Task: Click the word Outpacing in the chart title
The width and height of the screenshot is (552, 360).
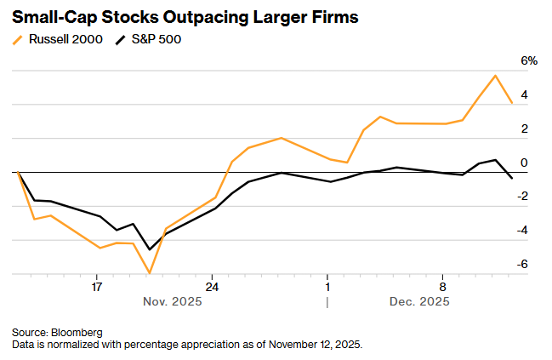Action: [206, 18]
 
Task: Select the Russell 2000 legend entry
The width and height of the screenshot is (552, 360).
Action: [57, 39]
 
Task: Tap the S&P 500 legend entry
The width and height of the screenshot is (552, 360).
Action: [148, 39]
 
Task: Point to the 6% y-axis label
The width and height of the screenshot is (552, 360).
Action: [529, 61]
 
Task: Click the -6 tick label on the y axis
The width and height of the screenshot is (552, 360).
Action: [522, 264]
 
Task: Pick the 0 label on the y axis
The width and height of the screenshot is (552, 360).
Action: [524, 163]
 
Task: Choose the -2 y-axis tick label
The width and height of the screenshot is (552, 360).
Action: [522, 197]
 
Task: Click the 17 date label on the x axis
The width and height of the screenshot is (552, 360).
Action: [96, 287]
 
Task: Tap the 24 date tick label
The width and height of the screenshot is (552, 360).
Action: [212, 287]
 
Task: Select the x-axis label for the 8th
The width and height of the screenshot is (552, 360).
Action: [442, 287]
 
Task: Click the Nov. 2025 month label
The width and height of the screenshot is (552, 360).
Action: [173, 301]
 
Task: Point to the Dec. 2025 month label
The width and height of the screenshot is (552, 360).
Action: [419, 301]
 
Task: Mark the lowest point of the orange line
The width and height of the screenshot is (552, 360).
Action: [150, 273]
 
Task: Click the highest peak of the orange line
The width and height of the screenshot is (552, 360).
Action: [495, 76]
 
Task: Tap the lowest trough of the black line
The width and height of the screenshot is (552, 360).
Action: [150, 249]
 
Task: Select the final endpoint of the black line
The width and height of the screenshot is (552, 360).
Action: [512, 178]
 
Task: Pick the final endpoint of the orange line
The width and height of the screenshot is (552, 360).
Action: [512, 103]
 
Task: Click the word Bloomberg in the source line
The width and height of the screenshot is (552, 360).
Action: [77, 333]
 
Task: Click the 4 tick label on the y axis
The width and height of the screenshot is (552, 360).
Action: [524, 94]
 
